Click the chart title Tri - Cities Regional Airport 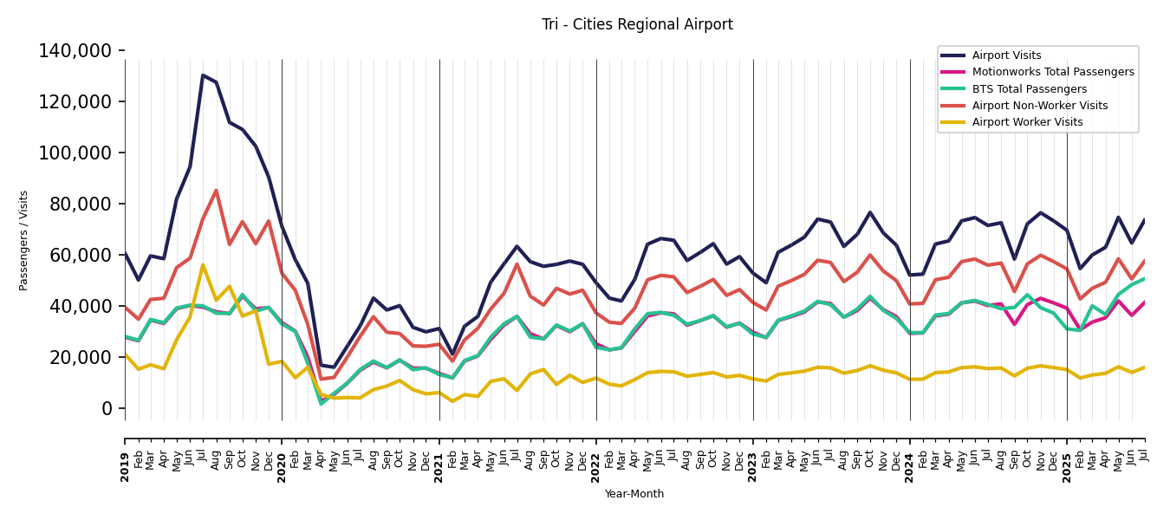(637, 25)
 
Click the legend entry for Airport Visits (1006, 55)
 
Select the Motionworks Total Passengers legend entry (1052, 72)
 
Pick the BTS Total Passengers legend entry (1029, 89)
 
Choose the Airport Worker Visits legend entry (1027, 122)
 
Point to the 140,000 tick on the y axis (75, 51)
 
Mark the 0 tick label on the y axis (107, 408)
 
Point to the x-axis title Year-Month (634, 494)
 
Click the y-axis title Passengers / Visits (24, 240)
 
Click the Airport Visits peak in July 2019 (203, 75)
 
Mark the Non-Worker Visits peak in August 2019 (216, 191)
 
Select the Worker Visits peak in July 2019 (203, 265)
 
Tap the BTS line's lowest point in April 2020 (321, 403)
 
